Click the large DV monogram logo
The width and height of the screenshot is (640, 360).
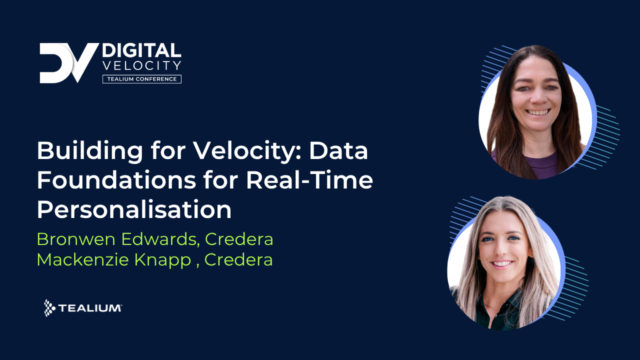(68, 63)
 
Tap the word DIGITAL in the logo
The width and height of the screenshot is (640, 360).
(141, 50)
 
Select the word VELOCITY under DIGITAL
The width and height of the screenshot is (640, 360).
(141, 65)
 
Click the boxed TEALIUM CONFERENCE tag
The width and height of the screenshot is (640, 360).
(141, 79)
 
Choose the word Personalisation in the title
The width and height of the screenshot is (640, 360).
(134, 210)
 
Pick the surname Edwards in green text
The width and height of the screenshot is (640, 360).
(158, 239)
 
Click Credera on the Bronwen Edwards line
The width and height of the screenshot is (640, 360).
(239, 239)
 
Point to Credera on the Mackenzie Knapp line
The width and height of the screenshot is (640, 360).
(238, 260)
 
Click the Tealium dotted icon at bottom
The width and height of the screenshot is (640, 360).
(49, 308)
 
